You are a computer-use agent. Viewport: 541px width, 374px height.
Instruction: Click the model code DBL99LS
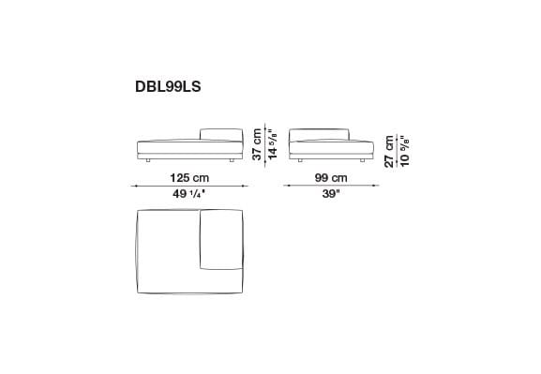coord(168,86)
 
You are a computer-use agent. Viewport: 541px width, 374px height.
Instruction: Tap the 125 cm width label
coord(189,178)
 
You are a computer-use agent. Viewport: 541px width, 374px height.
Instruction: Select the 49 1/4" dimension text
coord(189,195)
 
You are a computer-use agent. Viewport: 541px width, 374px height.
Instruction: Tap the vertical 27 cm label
coord(389,148)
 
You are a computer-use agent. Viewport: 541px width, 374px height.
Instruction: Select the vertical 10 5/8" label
coord(404,148)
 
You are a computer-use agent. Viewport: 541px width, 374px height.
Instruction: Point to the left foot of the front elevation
coord(148,161)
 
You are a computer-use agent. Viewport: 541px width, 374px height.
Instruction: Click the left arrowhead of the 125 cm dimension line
coord(136,187)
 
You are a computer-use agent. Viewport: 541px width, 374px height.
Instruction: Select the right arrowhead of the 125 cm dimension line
coord(244,187)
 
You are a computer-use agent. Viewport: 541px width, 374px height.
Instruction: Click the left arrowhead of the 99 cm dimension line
coord(287,187)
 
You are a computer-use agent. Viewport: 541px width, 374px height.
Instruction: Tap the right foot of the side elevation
coord(362,161)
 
